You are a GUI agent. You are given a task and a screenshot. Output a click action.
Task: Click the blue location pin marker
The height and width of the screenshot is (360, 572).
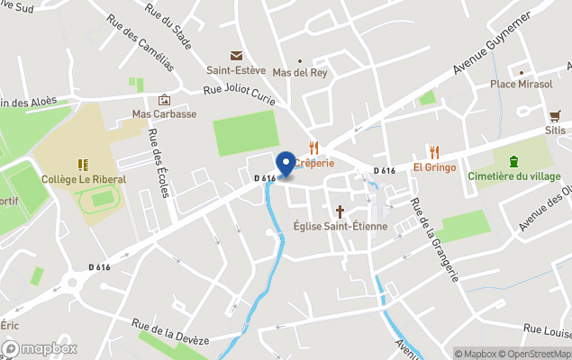[x=286, y=165]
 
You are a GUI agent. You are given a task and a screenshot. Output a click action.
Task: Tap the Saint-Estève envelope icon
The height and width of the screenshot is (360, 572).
[x=237, y=56]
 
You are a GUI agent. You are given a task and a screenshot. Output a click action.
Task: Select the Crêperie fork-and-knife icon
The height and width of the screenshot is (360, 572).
[x=313, y=148]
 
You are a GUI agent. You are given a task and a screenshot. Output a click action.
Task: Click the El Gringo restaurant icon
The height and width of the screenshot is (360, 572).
[x=434, y=152]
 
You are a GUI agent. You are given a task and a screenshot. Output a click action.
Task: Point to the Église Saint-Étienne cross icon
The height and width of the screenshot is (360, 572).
[x=340, y=211]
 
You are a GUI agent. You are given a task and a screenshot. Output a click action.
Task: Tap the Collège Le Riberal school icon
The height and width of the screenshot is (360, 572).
[x=84, y=165]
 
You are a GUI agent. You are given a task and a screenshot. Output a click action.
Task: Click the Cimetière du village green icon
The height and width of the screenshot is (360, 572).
[x=513, y=161]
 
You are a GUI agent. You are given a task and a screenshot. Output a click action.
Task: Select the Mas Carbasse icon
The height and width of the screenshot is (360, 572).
[x=164, y=100]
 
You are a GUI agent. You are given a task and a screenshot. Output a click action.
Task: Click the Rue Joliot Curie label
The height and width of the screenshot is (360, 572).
[x=239, y=89]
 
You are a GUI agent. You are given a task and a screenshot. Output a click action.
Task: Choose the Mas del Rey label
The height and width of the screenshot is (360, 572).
[x=300, y=73]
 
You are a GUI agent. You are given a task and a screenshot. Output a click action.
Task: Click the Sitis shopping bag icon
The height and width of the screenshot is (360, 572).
[x=555, y=116]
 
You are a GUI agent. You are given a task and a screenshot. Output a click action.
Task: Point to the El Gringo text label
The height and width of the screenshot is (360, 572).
[x=434, y=167]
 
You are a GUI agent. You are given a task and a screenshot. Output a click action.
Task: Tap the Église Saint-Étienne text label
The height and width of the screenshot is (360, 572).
[x=340, y=226]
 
